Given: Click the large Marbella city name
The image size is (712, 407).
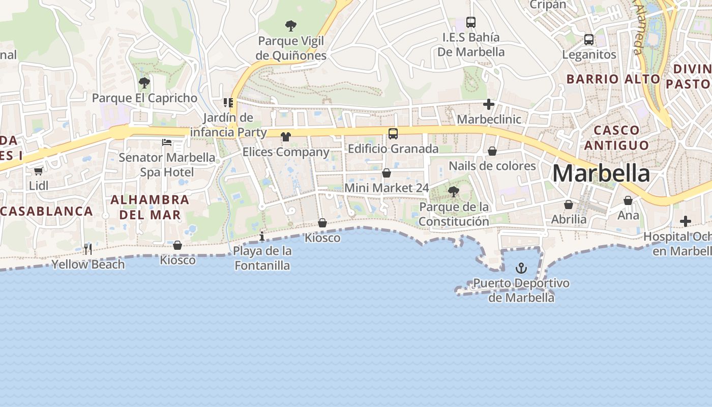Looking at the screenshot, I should pos(601,174).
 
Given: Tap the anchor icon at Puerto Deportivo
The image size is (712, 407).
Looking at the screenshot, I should pos(521,268).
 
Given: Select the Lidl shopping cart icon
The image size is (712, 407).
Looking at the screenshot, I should pos(38,171).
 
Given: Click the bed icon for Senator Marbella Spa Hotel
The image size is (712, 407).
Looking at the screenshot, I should pos(167,142).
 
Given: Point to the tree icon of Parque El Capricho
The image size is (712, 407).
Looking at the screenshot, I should pos(144,82).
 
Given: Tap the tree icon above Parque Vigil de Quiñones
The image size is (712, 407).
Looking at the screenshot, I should pos(291,25).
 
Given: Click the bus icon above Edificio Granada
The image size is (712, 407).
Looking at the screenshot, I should pos(393,134).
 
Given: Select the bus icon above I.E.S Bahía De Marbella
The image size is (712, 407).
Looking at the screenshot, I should pos(471,22).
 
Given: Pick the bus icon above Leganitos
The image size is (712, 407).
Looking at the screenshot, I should pos(589,39).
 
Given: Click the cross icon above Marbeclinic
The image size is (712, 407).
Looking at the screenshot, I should pos(489,104).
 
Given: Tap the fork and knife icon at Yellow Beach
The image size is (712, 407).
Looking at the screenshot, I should pos(88,249).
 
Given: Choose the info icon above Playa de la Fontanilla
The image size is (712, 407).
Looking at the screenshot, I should pos(262,236).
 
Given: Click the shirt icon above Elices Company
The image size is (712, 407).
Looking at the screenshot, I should pos(285,136).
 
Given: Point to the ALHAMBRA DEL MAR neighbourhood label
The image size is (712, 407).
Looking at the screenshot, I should pos(150,207).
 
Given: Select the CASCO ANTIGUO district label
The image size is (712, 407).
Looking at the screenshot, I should pos(616,138).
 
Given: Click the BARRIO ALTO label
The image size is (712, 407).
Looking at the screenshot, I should pos(613,79).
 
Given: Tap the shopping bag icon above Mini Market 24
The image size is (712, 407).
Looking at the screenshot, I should pos(387,173).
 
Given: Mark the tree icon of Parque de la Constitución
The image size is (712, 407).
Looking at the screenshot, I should pos(453,192).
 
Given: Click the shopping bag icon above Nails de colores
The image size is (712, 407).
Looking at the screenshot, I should pos(492,151).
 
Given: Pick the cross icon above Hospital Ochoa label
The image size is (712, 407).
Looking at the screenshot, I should pos(686,221).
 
